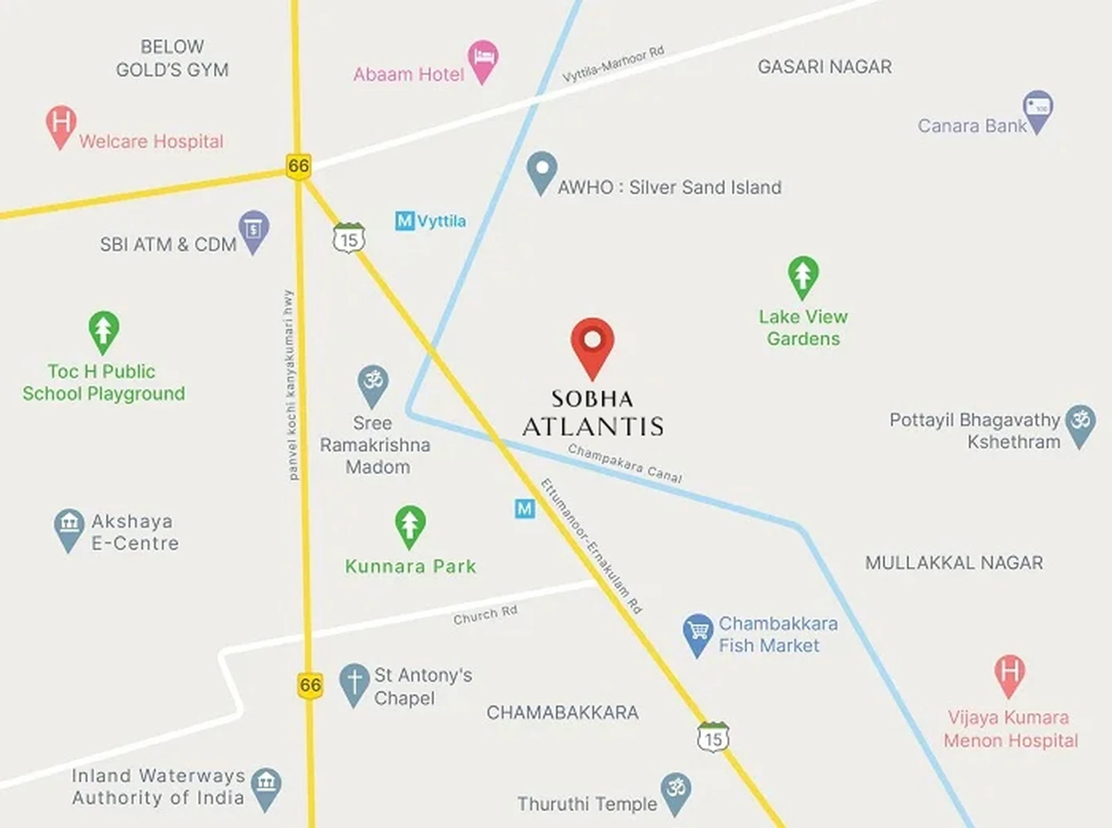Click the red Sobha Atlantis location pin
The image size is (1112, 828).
click(592, 344)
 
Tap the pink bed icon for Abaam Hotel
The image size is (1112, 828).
click(483, 59)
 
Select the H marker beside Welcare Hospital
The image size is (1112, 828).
click(61, 125)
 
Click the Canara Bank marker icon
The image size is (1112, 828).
click(1038, 109)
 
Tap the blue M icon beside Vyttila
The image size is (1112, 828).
click(405, 220)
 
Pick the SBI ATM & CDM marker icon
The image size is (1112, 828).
click(254, 230)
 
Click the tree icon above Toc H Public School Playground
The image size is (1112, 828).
click(103, 330)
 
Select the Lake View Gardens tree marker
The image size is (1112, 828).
click(803, 275)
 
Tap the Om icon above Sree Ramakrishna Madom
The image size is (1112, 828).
click(373, 383)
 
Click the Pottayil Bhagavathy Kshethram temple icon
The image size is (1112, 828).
click(1080, 422)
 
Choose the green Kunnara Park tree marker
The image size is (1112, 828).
click(410, 525)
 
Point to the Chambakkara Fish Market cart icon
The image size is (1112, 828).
click(698, 633)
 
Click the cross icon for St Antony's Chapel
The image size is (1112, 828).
click(354, 683)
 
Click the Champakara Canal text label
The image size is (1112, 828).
click(625, 463)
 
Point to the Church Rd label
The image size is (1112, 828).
click(485, 615)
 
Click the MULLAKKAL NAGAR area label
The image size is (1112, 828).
click(954, 563)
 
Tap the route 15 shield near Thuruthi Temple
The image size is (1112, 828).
click(713, 738)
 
